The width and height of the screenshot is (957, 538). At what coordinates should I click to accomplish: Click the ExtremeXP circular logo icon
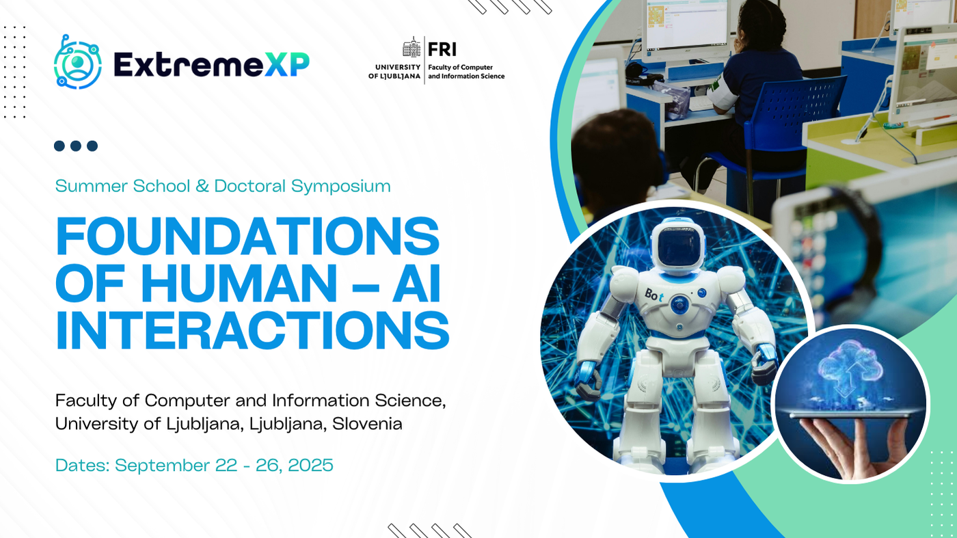pos(78,62)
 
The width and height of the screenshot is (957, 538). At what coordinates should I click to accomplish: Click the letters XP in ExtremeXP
pos(286,64)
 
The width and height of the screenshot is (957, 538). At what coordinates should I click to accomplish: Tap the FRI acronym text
pos(442,49)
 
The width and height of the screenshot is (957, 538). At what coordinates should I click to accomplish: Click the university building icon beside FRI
pos(412,47)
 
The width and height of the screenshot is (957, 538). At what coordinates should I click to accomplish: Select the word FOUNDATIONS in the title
pos(247,237)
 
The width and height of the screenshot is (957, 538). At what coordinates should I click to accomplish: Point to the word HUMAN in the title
pos(239,283)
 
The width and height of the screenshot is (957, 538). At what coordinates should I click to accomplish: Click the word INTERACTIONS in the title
pos(252,329)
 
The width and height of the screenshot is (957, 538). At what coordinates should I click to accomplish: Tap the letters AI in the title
pos(416,283)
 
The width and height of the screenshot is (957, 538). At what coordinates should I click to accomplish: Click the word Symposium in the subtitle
pos(341,187)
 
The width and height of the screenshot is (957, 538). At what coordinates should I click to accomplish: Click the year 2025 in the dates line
pos(310,466)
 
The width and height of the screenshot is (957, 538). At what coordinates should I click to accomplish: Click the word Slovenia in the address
pos(367,424)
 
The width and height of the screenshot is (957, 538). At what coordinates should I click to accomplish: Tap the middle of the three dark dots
pos(76,146)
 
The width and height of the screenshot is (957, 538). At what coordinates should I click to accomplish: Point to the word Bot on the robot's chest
pos(653,295)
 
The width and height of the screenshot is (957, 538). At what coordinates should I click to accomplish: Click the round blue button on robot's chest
pos(679,305)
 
